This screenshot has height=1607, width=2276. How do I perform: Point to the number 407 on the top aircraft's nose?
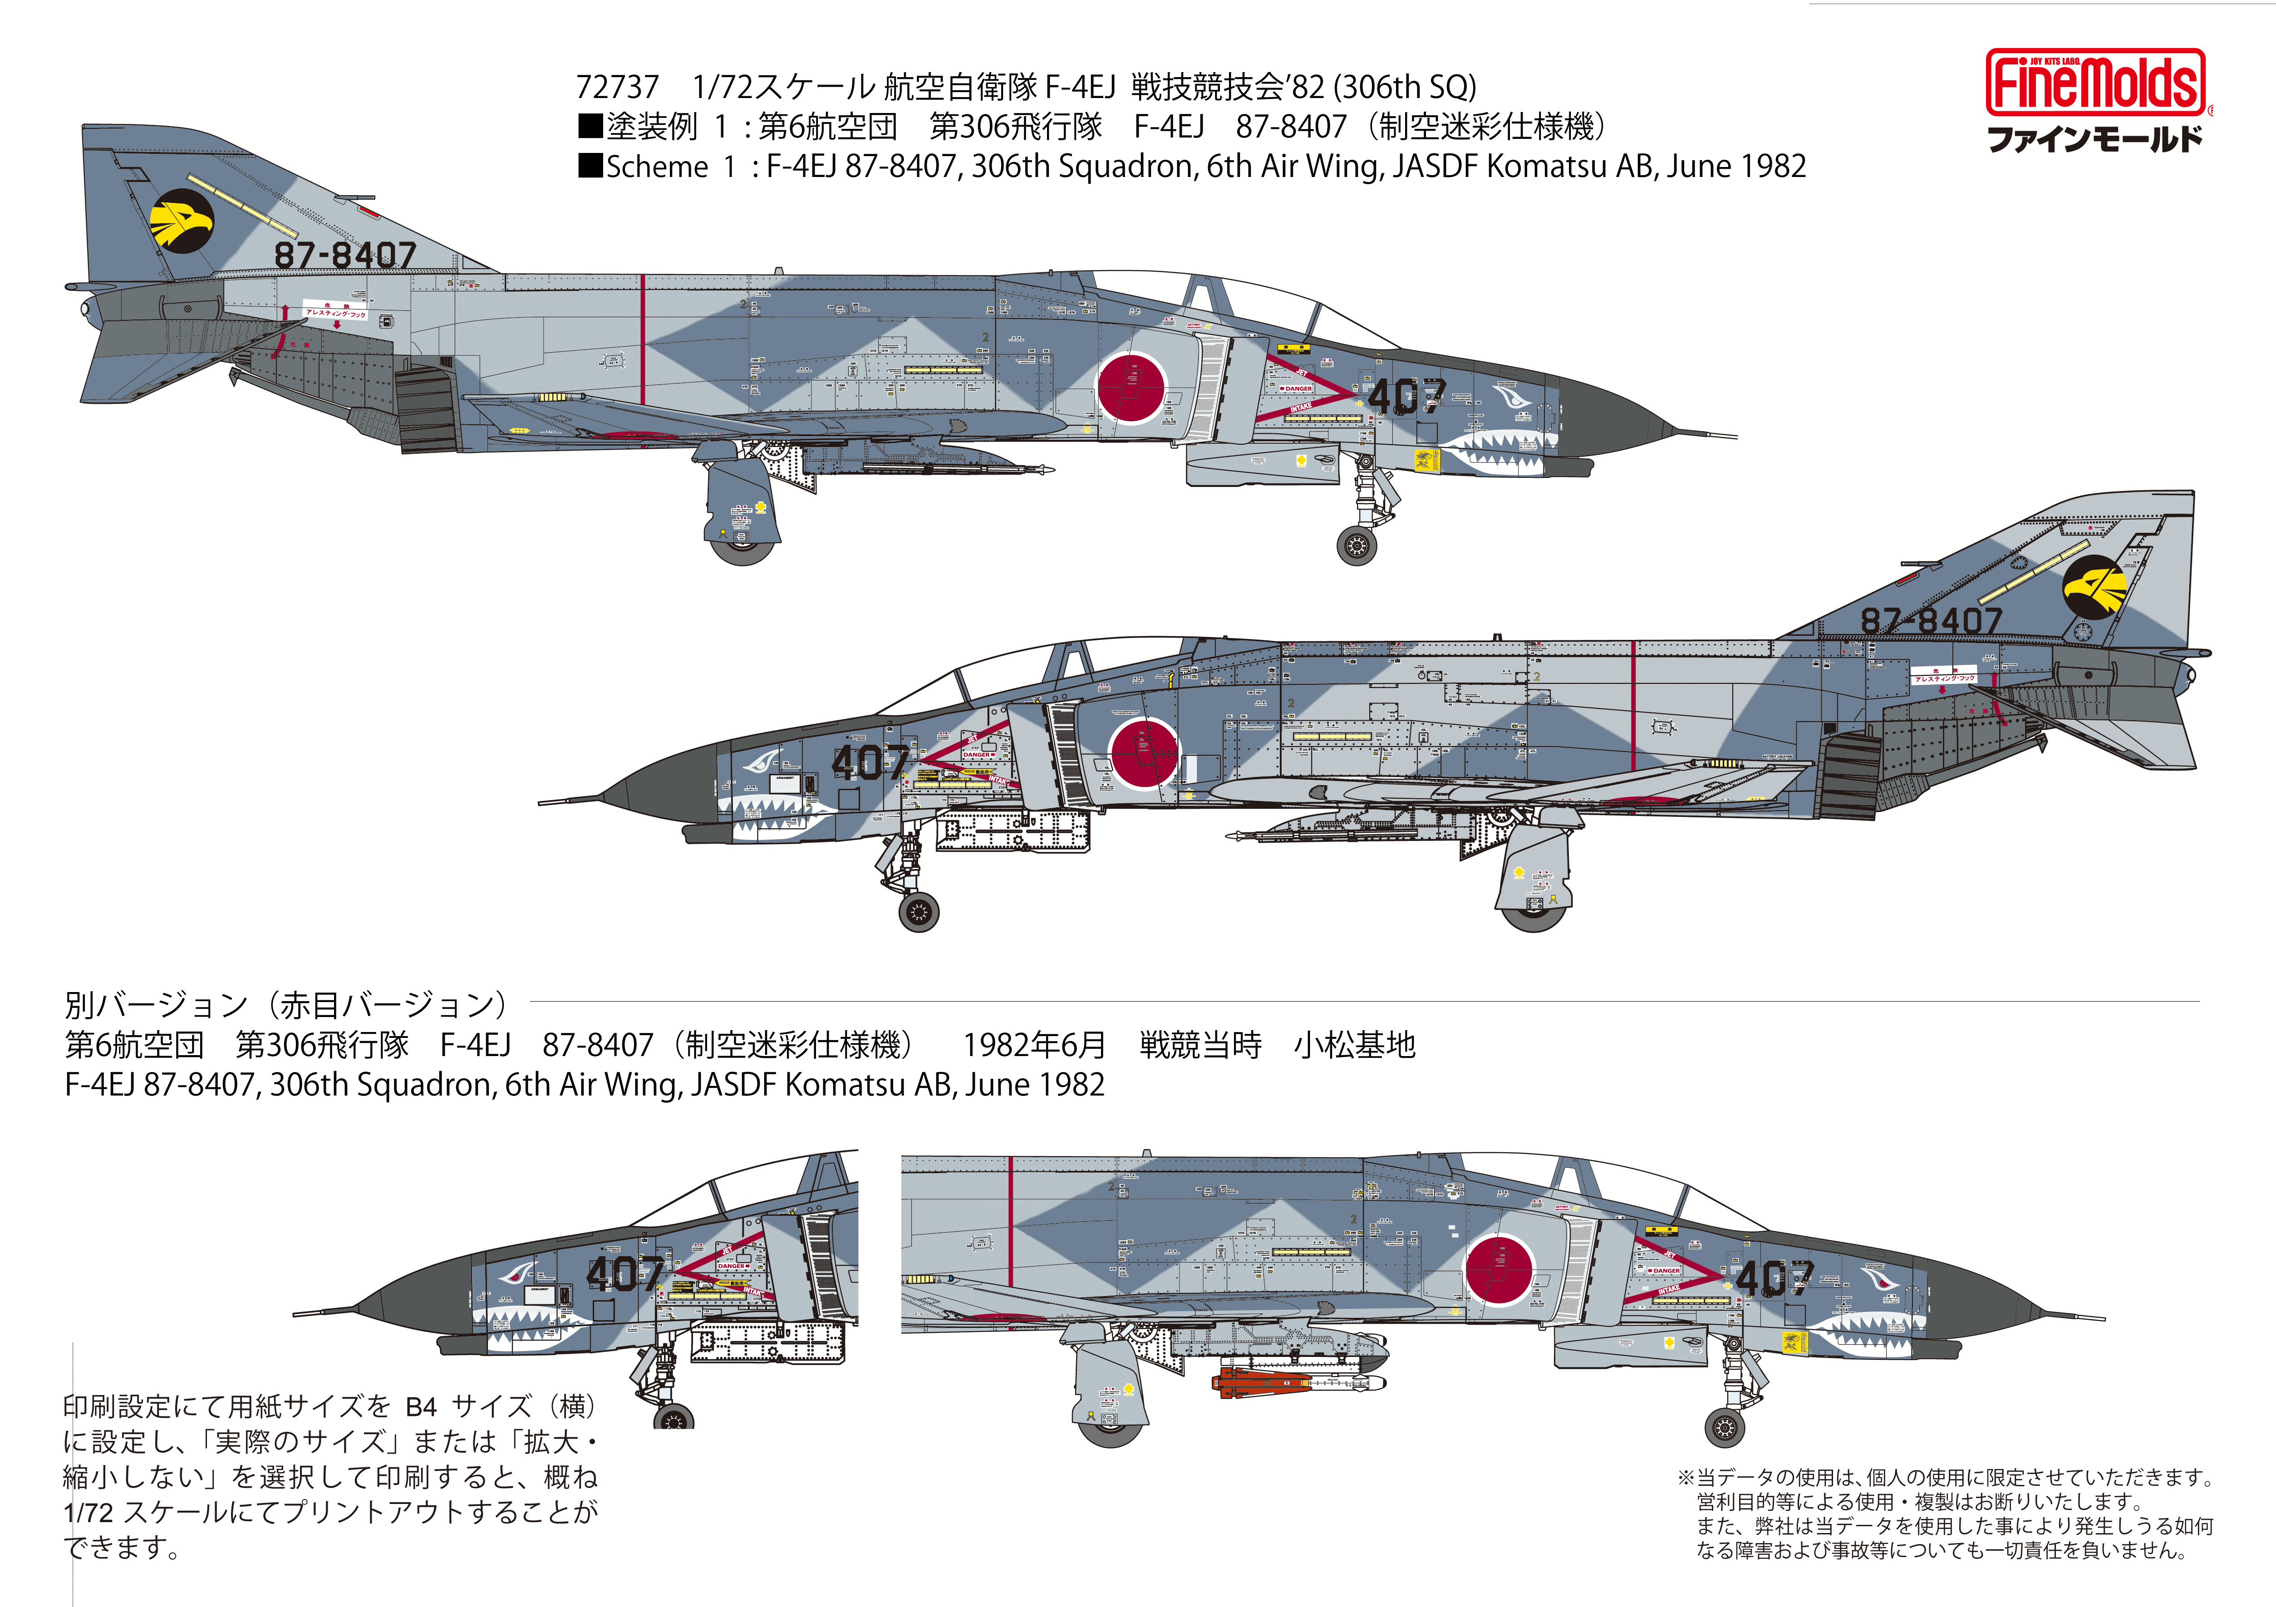tap(1406, 397)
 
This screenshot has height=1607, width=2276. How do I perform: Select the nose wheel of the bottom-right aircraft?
tap(1725, 1428)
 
